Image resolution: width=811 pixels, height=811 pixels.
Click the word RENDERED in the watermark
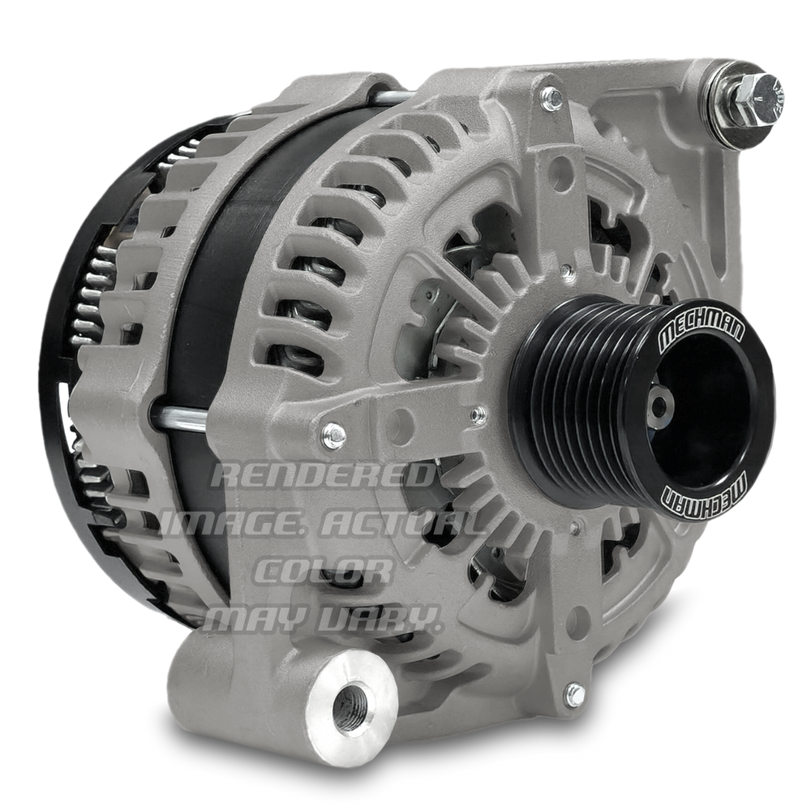click(322, 475)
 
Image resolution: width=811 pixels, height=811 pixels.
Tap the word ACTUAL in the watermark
click(402, 524)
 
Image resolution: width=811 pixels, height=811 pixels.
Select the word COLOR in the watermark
click(324, 570)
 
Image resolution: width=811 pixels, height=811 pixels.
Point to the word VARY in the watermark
click(380, 617)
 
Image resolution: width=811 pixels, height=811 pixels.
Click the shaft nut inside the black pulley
click(659, 405)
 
